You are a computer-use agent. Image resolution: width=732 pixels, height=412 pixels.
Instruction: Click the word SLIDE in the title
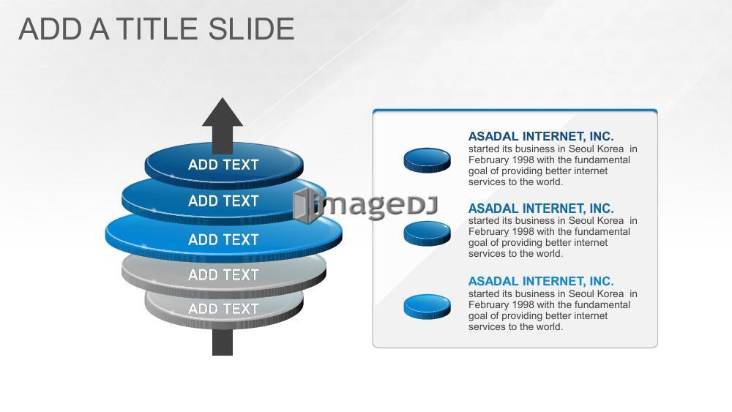point(251,29)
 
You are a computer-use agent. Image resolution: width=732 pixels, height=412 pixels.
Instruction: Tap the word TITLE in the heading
point(158,29)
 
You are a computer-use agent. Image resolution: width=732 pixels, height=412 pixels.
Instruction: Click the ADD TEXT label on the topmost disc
point(223,165)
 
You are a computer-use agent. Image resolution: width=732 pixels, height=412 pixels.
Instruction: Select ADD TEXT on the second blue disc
point(223,201)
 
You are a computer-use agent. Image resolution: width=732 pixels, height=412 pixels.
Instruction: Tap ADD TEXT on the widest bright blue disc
point(223,240)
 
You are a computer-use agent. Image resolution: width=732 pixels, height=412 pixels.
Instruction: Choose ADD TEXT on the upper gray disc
point(223,275)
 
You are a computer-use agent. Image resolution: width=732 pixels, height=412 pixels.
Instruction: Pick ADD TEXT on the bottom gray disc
point(223,309)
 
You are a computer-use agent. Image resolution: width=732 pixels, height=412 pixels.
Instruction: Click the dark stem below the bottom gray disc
point(223,342)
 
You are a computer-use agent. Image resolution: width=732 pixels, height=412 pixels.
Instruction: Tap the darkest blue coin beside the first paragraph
point(427,160)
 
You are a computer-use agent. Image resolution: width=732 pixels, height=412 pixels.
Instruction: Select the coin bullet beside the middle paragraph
point(427,233)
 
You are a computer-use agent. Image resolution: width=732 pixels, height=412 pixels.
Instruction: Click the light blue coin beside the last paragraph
point(427,307)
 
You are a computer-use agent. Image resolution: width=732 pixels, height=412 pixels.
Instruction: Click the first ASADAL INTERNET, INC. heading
point(541,136)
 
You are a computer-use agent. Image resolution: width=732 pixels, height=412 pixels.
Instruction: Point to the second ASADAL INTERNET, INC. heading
point(541,208)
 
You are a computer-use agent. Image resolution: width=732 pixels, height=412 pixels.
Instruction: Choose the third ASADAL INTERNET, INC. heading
point(541,281)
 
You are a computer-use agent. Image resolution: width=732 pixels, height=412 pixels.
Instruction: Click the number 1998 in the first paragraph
point(523,160)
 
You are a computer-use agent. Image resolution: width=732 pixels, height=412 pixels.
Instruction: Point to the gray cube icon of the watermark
point(304,206)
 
